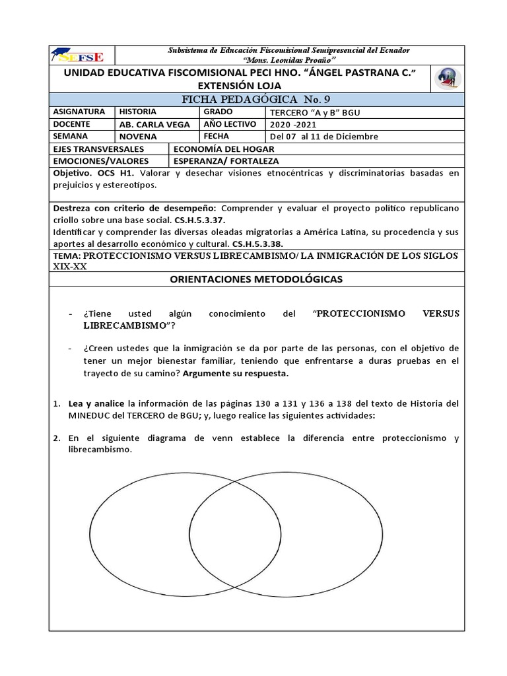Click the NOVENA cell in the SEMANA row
coord(138,136)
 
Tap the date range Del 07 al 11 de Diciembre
coord(324,137)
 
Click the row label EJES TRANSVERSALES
coord(98,149)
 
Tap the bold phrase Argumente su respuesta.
coord(236,374)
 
